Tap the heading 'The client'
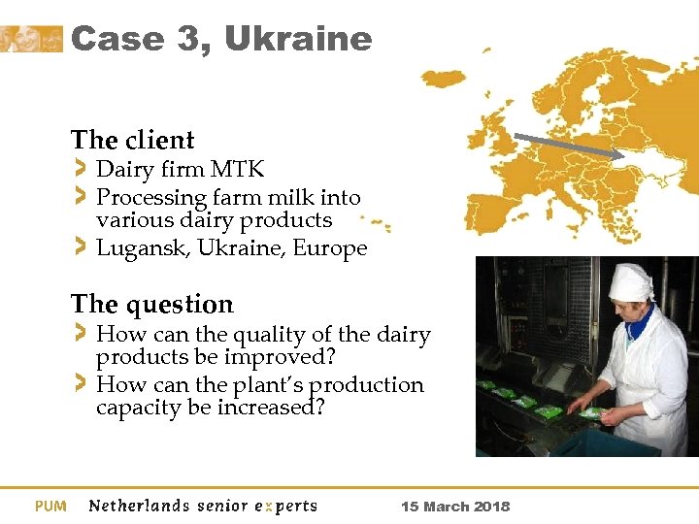(x=132, y=140)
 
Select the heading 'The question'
(x=151, y=304)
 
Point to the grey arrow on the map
(x=569, y=146)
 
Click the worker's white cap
(x=630, y=282)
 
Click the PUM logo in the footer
(x=50, y=506)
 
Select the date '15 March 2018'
(x=455, y=507)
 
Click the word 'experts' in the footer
(x=285, y=506)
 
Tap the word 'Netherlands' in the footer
(x=139, y=506)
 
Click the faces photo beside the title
(x=31, y=39)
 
